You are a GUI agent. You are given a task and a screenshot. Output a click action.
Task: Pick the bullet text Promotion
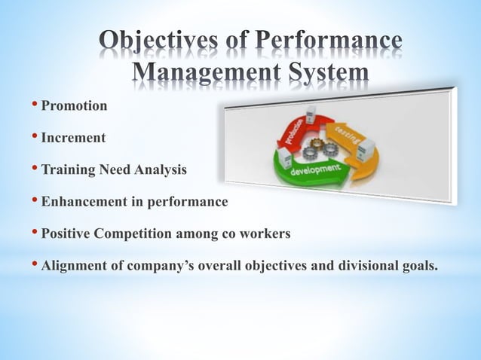click(x=74, y=106)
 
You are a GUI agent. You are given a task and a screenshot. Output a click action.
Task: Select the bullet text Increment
click(x=73, y=139)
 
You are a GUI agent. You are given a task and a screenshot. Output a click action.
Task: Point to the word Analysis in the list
click(x=160, y=170)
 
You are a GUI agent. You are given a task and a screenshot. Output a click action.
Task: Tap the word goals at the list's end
click(x=420, y=266)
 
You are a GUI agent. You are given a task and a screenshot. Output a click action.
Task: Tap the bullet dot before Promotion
click(x=35, y=106)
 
